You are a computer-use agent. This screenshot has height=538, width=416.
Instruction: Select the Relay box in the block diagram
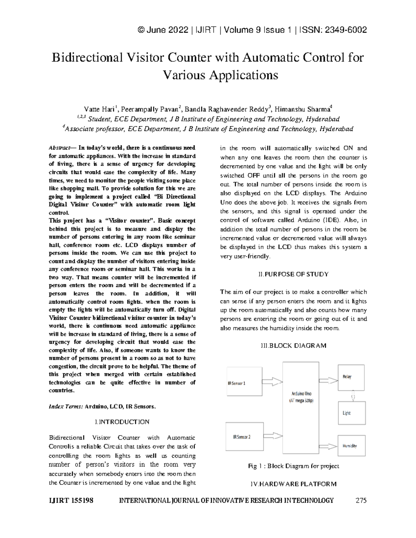[351, 377]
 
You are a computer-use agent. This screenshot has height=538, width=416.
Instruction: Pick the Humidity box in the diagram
[351, 446]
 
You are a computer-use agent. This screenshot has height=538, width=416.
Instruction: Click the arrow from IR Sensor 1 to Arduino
[272, 381]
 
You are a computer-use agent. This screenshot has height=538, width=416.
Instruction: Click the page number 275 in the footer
[361, 500]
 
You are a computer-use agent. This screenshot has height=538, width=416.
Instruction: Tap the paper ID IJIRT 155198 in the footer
[71, 500]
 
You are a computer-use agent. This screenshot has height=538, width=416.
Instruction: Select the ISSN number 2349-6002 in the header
[345, 30]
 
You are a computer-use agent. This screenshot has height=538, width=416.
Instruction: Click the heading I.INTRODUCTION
[122, 422]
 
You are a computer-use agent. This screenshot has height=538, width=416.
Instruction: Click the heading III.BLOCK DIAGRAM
[293, 346]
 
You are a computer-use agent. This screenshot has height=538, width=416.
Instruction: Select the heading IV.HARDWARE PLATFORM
[293, 484]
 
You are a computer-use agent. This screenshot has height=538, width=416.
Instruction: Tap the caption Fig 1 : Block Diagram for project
[293, 466]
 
